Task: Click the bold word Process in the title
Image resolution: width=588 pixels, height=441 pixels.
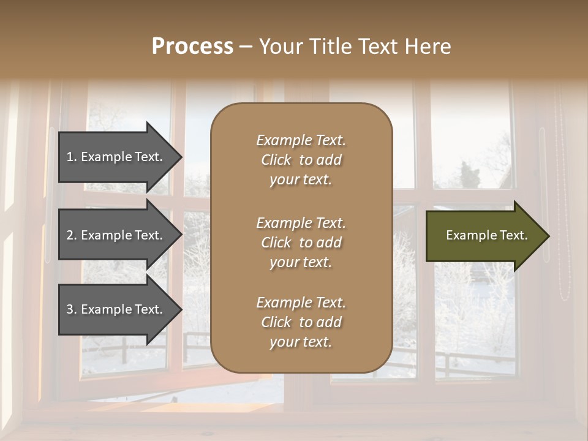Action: (x=192, y=47)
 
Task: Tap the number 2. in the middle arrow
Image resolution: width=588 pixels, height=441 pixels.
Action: (x=72, y=235)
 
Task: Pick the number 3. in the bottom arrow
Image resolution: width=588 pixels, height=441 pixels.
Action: (x=72, y=309)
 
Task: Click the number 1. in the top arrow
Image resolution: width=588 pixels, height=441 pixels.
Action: (x=72, y=157)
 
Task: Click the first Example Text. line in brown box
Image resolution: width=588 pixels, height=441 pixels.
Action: (x=301, y=140)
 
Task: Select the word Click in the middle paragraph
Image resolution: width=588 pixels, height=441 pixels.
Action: (x=276, y=243)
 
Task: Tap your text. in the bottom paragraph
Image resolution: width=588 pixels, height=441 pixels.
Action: (x=301, y=342)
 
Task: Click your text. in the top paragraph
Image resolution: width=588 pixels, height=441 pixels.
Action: (x=301, y=180)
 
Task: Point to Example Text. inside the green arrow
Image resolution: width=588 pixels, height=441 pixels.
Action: (x=486, y=235)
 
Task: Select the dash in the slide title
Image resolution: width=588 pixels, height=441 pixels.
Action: (x=245, y=47)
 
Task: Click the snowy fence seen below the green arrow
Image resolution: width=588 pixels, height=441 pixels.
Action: (x=472, y=361)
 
